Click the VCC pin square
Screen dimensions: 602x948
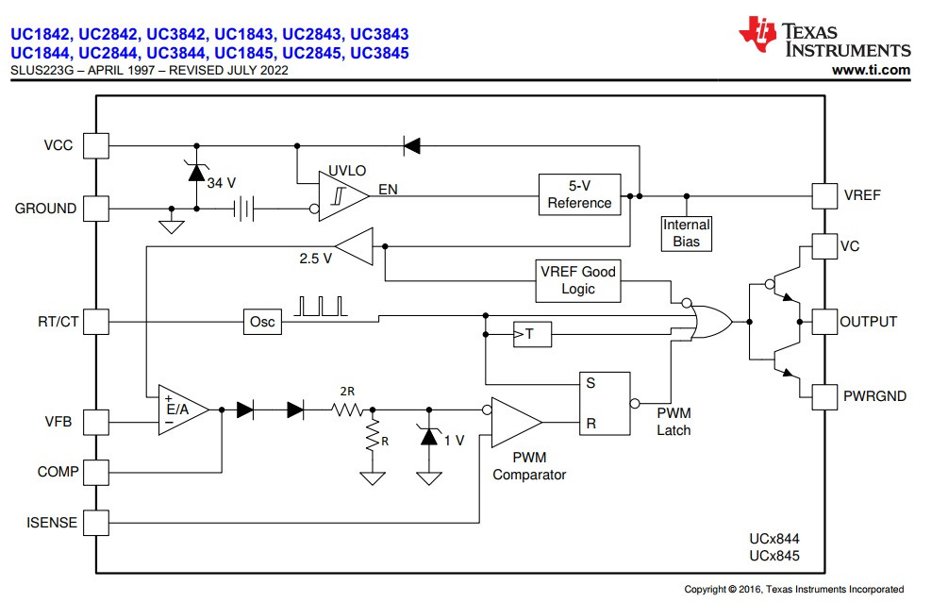click(96, 145)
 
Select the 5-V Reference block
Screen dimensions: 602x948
click(579, 194)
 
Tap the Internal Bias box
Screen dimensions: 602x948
click(686, 233)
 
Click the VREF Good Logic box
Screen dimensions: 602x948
click(577, 279)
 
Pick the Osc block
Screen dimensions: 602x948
click(262, 322)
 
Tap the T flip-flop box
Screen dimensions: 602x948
click(533, 334)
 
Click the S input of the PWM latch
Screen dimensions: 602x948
click(590, 384)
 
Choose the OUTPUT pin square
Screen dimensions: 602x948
click(824, 322)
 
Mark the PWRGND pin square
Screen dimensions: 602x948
click(824, 396)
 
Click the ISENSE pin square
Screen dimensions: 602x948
click(96, 522)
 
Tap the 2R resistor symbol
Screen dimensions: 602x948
click(348, 410)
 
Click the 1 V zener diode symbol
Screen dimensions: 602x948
click(429, 438)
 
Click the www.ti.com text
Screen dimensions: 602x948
click(871, 70)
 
